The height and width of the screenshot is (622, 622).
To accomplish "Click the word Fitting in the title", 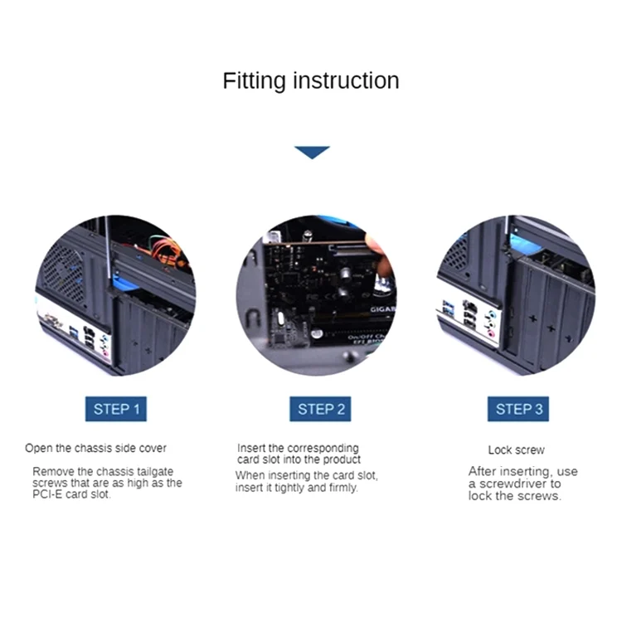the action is coord(254,81).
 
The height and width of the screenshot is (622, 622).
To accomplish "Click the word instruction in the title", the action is coord(346,80).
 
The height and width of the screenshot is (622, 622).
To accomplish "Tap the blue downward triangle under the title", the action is coord(312,153).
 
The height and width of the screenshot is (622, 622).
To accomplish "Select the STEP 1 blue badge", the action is coord(116,409).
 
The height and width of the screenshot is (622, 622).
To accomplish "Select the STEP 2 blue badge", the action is coord(320,409).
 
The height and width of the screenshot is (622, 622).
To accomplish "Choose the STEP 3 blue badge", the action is coord(518,409).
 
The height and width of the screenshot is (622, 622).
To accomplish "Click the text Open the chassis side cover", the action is coord(95,448).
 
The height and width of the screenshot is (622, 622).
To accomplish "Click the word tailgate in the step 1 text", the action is coord(155,472).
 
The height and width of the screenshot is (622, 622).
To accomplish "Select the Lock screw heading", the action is coord(516,449).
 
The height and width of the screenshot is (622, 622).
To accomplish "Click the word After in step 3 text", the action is coord(482,471).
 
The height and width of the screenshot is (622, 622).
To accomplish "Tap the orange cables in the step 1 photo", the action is coord(167,250).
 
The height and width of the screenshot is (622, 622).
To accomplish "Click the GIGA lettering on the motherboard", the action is coord(383,309).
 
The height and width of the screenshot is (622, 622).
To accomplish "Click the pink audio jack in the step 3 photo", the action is coord(492,333).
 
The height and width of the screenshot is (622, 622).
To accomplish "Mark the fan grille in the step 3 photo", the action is coord(455,254).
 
